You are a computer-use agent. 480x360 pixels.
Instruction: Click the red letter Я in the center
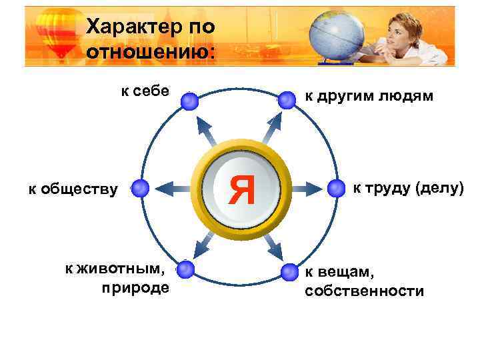[x=241, y=189]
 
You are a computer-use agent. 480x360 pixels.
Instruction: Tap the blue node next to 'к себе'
[x=190, y=101]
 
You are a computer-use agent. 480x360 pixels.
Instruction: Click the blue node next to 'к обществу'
[x=140, y=189]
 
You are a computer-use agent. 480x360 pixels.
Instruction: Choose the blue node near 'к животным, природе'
[x=186, y=270]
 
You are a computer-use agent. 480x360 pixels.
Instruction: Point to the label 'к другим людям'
[x=369, y=96]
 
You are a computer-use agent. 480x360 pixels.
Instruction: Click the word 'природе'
[x=135, y=288]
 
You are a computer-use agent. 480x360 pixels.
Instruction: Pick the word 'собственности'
[x=364, y=291]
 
